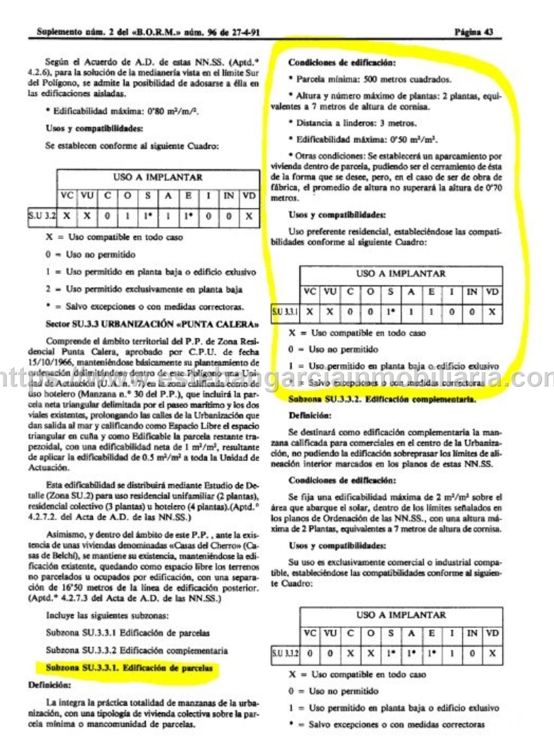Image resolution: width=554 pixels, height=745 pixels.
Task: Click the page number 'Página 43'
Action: tap(473, 32)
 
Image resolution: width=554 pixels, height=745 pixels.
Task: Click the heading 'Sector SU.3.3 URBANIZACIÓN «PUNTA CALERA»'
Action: tap(152, 324)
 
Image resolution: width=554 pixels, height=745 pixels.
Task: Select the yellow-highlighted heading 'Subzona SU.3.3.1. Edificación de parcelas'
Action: tap(129, 668)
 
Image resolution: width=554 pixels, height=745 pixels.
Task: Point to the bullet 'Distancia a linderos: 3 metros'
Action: tap(356, 123)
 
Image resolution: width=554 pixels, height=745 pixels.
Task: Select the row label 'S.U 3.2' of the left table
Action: tap(42, 216)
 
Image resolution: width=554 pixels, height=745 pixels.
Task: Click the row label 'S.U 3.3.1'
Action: tap(285, 312)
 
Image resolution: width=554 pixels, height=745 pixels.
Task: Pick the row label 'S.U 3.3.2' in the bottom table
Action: tap(285, 653)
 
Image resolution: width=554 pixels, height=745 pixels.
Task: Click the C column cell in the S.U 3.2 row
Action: tap(107, 216)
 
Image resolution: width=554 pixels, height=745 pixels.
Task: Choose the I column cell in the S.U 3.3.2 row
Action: tap(451, 653)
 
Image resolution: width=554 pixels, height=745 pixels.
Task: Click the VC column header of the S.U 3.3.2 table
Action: tap(309, 633)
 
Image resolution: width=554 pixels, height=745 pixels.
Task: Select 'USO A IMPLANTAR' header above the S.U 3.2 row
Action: tap(158, 177)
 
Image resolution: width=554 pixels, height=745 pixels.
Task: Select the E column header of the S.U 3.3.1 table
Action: tap(431, 292)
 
